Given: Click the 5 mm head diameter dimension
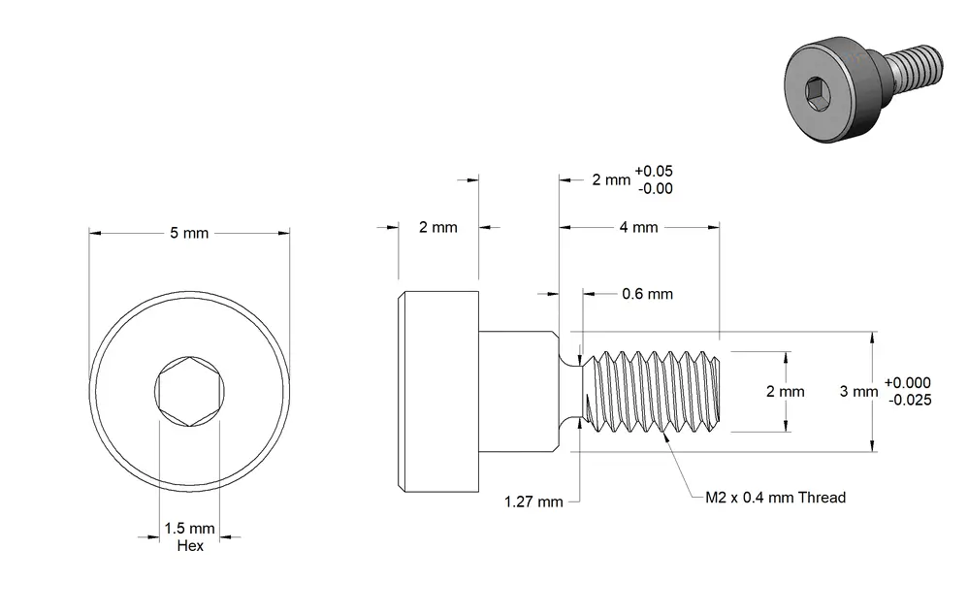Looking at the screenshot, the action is pyautogui.click(x=189, y=234).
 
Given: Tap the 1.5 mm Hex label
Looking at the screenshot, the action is pyautogui.click(x=189, y=536).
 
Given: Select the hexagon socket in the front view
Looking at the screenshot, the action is pyautogui.click(x=189, y=392).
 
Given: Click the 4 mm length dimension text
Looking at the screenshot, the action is pyautogui.click(x=639, y=227).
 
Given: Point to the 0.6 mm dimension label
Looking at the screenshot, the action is pyautogui.click(x=647, y=294).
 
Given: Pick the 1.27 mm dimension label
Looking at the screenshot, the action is pyautogui.click(x=533, y=502).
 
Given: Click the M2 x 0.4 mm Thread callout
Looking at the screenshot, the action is pyautogui.click(x=775, y=497).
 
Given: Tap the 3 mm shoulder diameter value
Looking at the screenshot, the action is pyautogui.click(x=858, y=391).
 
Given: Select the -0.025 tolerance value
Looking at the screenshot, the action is pyautogui.click(x=910, y=400).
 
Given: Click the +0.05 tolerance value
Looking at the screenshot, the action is pyautogui.click(x=654, y=171).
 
